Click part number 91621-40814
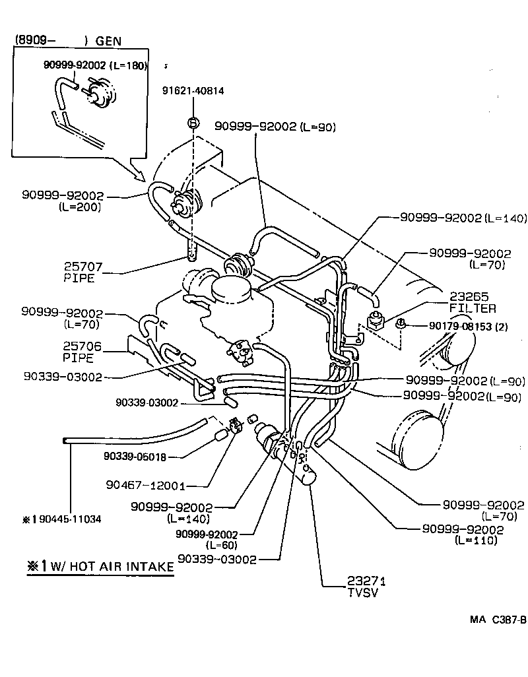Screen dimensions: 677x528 point(193,91)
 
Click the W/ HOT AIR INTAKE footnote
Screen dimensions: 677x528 point(101,567)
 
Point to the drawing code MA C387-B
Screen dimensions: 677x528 point(498,620)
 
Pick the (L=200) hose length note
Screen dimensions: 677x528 point(79,207)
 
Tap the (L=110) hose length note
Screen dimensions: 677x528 point(476,540)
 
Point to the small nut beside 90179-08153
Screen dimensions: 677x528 point(400,323)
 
